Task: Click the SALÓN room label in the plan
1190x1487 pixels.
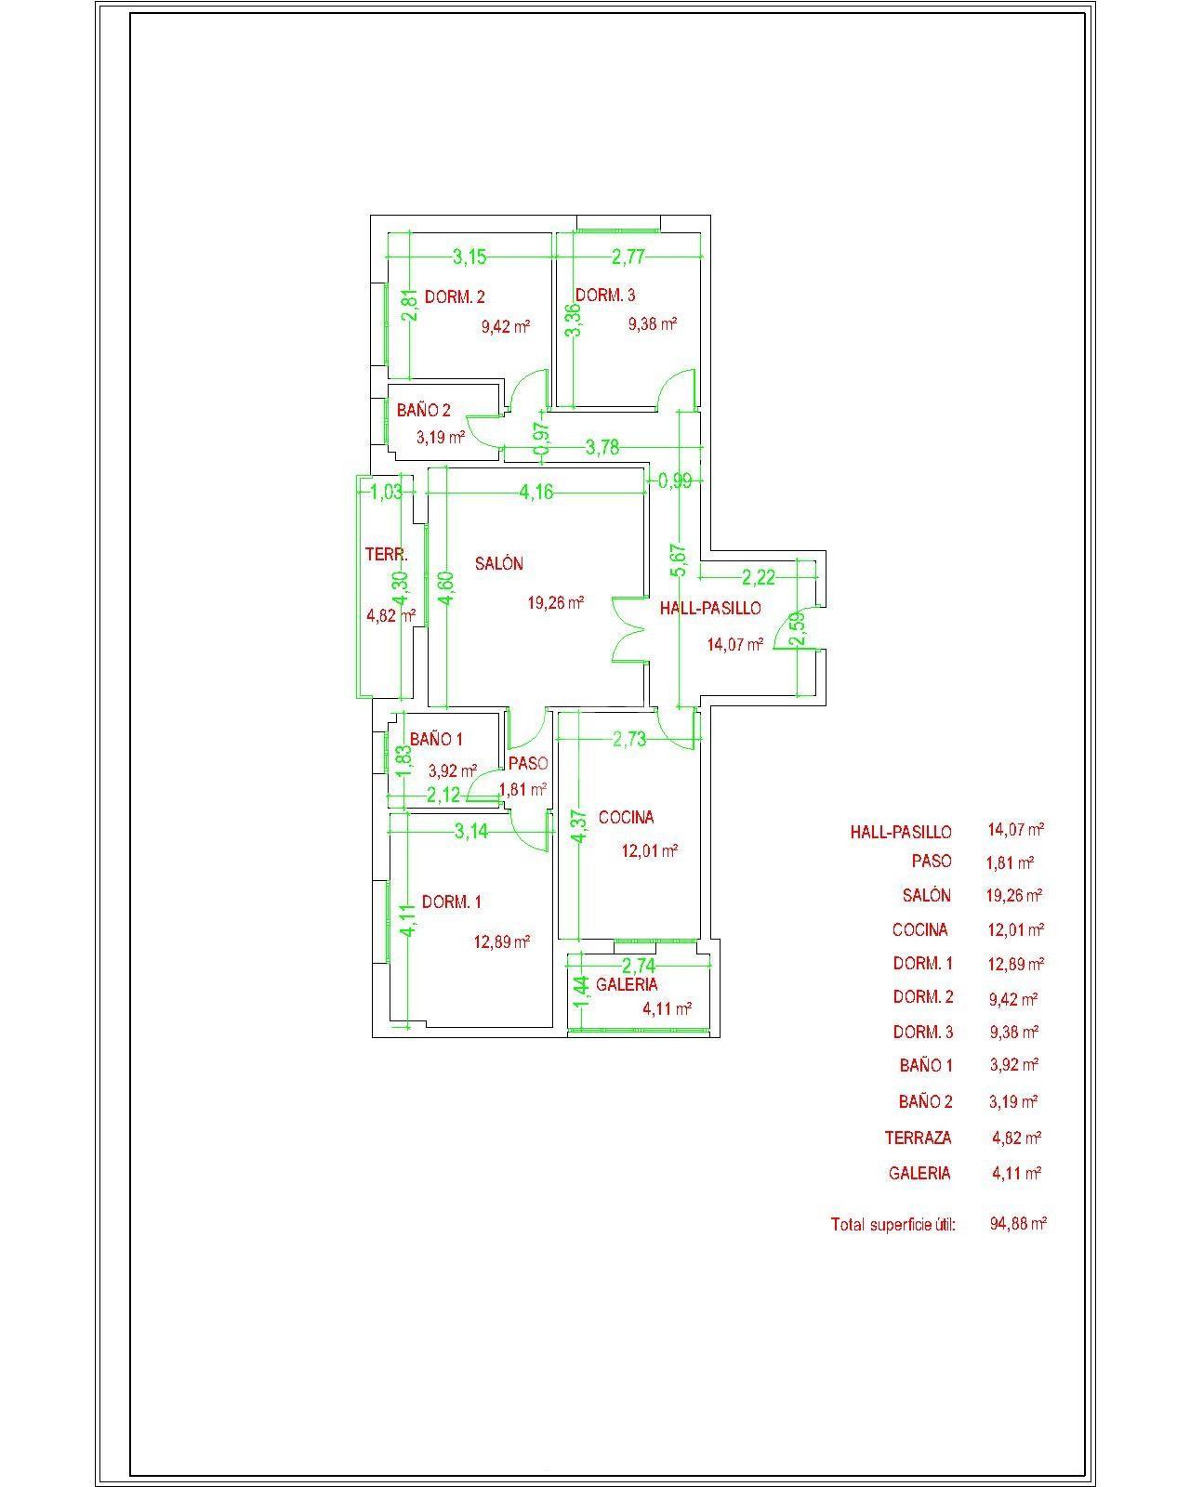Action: (x=498, y=563)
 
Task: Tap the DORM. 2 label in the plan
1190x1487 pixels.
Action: (x=455, y=297)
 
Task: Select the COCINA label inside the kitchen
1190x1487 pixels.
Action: (x=626, y=818)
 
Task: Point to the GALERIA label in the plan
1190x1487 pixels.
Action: (x=627, y=984)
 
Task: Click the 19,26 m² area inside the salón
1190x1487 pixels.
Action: (x=555, y=602)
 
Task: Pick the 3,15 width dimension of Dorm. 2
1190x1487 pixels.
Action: (x=469, y=257)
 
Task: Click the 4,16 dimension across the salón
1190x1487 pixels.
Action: (x=535, y=492)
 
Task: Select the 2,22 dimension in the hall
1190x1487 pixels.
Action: (x=759, y=575)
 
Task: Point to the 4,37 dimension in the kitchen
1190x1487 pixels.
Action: (x=580, y=825)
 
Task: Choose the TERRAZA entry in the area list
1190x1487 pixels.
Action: (x=918, y=1138)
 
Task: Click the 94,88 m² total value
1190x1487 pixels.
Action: (x=1018, y=1224)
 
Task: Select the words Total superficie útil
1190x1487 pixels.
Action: (x=892, y=1224)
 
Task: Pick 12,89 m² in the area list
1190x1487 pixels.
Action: (x=1015, y=963)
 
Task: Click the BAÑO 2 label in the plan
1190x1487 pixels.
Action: (x=423, y=410)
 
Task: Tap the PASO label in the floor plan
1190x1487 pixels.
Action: (x=527, y=763)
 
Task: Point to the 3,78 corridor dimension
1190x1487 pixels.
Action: (x=602, y=448)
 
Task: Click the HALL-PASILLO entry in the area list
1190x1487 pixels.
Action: (x=900, y=832)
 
